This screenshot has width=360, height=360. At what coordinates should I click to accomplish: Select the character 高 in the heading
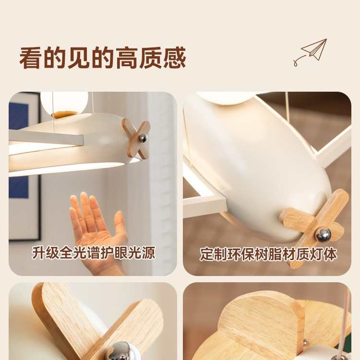tap(127, 59)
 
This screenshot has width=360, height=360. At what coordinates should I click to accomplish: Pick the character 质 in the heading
tap(151, 59)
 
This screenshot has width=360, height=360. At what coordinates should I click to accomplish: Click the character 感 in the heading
tap(174, 59)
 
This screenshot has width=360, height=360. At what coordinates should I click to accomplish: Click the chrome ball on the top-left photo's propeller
tap(143, 138)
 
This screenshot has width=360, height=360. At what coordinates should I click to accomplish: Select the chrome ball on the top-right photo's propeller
tap(323, 235)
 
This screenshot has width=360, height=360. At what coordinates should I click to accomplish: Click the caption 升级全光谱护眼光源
tap(94, 253)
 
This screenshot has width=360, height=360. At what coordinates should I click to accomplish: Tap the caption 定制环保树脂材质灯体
tap(268, 254)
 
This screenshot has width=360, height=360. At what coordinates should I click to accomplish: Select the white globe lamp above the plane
tap(64, 101)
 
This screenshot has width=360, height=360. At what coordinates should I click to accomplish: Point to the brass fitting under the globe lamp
tap(64, 114)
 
